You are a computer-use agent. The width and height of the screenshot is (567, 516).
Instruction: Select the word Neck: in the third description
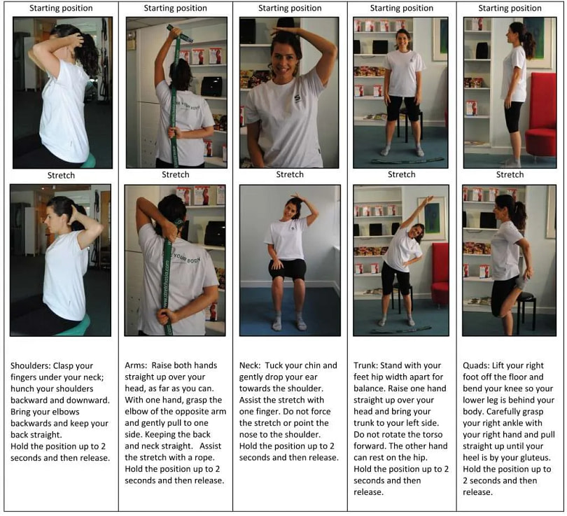[x=252, y=365]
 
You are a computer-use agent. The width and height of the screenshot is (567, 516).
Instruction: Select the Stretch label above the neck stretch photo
[x=289, y=174]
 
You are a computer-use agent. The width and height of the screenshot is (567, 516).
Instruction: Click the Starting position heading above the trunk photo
[x=401, y=8]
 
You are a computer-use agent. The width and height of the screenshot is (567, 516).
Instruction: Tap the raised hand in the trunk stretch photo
[x=428, y=200]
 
